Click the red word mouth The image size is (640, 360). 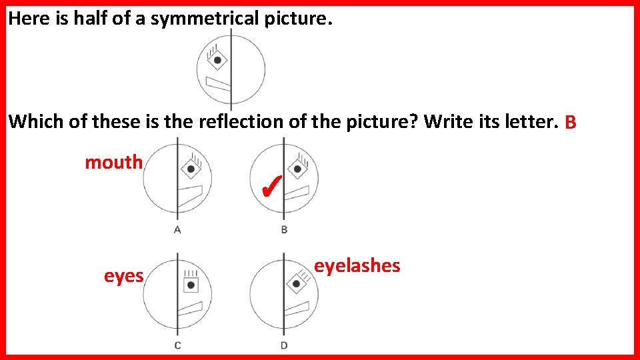click(113, 162)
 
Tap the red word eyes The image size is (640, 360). click(123, 275)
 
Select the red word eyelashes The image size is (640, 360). click(357, 265)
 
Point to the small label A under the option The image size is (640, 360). click(177, 230)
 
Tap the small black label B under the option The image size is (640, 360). click(284, 230)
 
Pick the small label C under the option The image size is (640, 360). click(177, 345)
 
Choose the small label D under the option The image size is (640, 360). click(284, 345)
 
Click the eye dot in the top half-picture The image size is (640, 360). click(217, 61)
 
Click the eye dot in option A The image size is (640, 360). click(191, 169)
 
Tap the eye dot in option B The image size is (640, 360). click(297, 169)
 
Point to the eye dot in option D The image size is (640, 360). click(296, 284)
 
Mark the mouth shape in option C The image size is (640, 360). click(190, 309)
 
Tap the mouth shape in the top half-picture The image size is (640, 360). click(218, 84)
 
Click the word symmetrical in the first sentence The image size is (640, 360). click(207, 19)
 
